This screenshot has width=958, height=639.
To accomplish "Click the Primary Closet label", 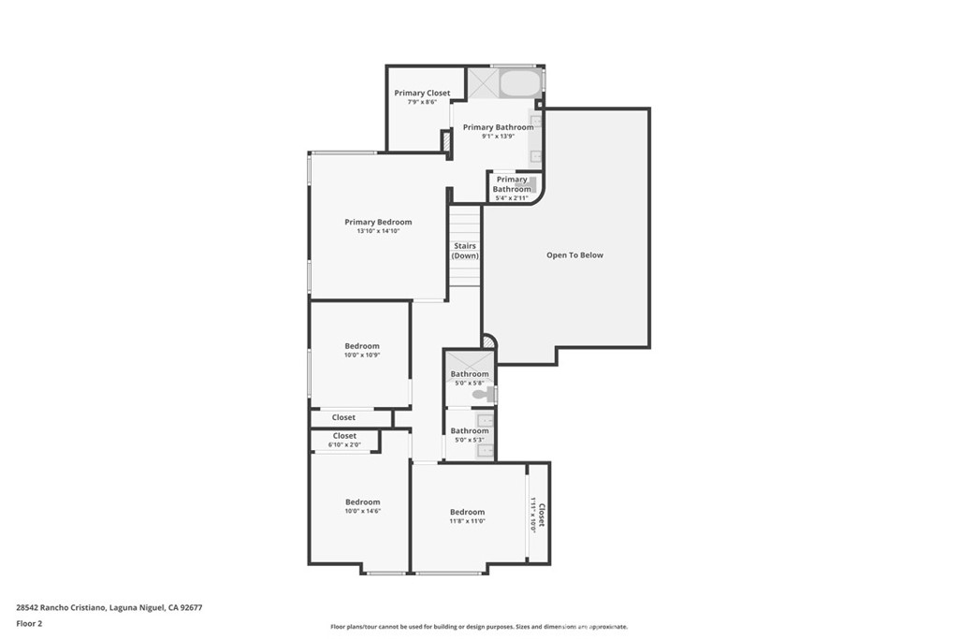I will [x=422, y=93].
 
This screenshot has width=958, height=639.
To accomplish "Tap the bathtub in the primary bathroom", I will [x=519, y=83].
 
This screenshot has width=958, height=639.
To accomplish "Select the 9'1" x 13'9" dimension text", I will [x=498, y=137].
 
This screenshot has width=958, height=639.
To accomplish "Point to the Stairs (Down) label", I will [x=465, y=251].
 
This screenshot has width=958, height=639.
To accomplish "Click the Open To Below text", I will [x=574, y=254].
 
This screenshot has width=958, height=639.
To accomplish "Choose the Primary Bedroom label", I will [x=378, y=222].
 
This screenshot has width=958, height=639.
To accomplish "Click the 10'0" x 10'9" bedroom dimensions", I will [x=362, y=356].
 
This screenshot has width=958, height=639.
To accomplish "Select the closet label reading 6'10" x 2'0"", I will [x=344, y=445].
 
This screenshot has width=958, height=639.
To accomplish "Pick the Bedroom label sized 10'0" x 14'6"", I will [x=362, y=501].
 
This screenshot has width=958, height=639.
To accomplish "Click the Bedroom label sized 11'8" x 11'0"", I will [x=467, y=512].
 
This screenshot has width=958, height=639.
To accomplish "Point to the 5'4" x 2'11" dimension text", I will [x=512, y=198].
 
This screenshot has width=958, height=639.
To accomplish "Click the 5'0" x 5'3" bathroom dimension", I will [x=470, y=440].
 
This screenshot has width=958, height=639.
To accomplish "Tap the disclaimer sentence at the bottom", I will [x=478, y=627].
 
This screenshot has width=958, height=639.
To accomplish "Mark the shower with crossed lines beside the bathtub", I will [x=483, y=82].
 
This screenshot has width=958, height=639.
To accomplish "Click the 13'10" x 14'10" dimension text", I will [x=378, y=231].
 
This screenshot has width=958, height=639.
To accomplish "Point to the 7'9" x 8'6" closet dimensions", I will [x=422, y=102].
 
